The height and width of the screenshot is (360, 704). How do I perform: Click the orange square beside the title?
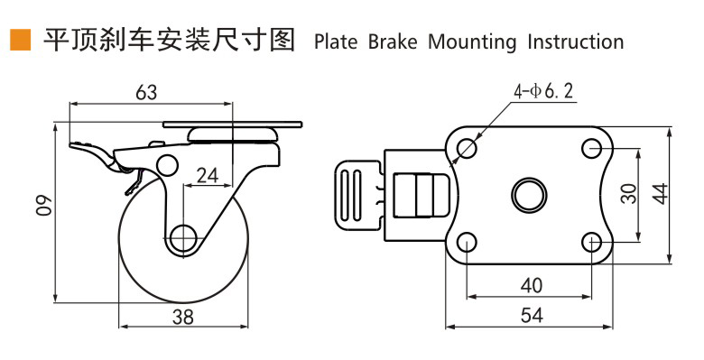pos(20,40)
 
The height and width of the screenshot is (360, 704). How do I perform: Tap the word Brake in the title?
pos(393,42)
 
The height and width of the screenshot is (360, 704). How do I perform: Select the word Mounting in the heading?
pos(472,42)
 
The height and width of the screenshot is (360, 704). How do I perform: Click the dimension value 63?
pos(146,92)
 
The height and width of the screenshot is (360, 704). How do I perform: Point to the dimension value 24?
pos(208,176)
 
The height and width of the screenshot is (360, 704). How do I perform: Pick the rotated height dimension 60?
pos(44,205)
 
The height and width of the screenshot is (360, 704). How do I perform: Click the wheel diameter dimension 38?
pos(183,317)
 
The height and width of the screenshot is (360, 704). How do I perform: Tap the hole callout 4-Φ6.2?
pos(543,91)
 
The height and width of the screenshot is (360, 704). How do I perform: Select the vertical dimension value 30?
pos(629,193)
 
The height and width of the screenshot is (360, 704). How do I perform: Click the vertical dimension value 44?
pos(660,193)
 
